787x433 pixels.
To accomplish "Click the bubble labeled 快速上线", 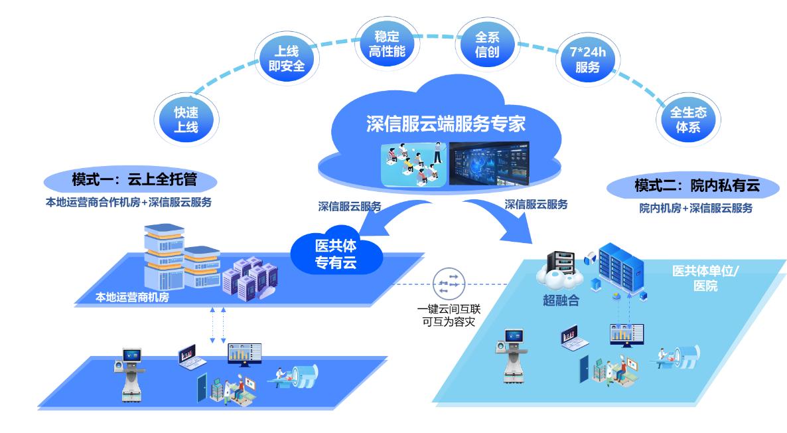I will click(186, 119).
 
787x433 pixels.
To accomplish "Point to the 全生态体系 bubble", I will click(688, 120).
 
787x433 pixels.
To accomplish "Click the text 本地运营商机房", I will click(131, 298).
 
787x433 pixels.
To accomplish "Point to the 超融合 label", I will click(561, 301).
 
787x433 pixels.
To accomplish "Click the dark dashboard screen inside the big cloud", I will click(488, 163).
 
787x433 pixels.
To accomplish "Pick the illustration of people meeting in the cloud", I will click(414, 163).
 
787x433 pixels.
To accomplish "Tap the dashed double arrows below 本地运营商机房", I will click(218, 325).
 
